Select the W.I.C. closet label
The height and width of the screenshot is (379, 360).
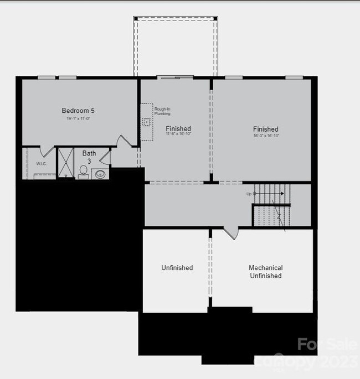[41, 164]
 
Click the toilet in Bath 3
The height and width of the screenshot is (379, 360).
[84, 171]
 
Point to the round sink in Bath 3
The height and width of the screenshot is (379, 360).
[100, 174]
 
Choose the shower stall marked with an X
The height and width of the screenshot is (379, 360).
[66, 162]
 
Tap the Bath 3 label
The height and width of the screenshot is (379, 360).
[89, 157]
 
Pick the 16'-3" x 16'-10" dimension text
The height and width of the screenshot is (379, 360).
[265, 136]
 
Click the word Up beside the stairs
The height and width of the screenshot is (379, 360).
[249, 194]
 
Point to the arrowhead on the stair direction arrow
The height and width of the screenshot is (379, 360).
[282, 194]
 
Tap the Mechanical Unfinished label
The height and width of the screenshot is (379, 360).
[265, 272]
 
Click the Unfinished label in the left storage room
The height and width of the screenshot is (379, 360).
[177, 268]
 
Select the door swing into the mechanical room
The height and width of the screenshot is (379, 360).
[232, 233]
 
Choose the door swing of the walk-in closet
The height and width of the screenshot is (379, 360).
[48, 151]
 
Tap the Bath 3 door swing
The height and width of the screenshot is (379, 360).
[105, 157]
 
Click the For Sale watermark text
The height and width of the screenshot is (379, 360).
[327, 344]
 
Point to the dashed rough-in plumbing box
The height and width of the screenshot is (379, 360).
[146, 122]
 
